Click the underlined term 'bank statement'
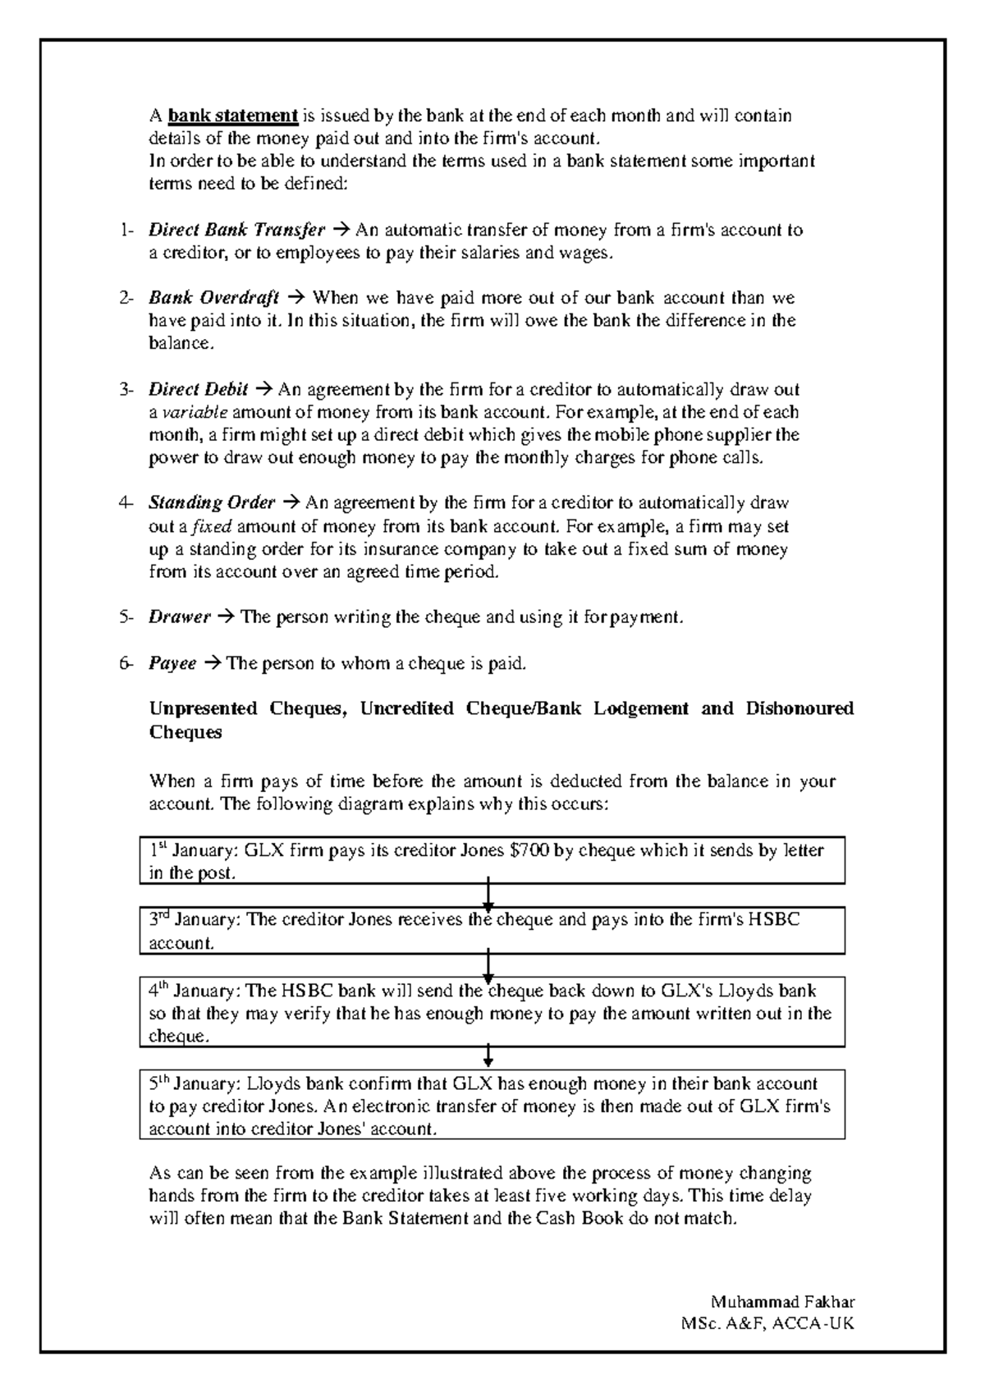click(x=232, y=116)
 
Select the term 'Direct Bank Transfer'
click(x=236, y=230)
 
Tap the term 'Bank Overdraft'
click(x=213, y=297)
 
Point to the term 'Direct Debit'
click(x=198, y=389)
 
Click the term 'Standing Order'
click(x=211, y=502)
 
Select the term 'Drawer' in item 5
click(x=180, y=616)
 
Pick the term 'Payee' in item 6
click(x=172, y=663)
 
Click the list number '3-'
click(x=126, y=389)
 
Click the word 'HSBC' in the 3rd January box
click(x=772, y=920)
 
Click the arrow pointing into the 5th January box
click(x=488, y=1055)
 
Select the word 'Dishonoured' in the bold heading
click(x=799, y=708)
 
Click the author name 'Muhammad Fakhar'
click(x=783, y=1302)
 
